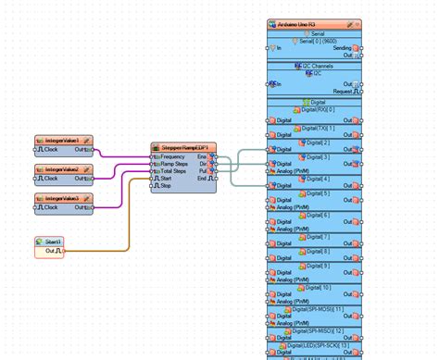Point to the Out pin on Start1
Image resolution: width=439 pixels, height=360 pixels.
[53, 251]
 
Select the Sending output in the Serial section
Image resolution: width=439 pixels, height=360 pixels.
[343, 46]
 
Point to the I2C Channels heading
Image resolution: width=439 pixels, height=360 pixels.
[315, 66]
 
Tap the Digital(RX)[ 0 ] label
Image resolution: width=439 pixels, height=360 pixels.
[315, 110]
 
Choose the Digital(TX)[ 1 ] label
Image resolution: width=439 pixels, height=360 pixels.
[315, 127]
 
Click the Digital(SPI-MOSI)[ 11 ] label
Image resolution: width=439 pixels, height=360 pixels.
[315, 308]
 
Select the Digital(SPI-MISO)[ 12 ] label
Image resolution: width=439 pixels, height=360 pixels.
[315, 329]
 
